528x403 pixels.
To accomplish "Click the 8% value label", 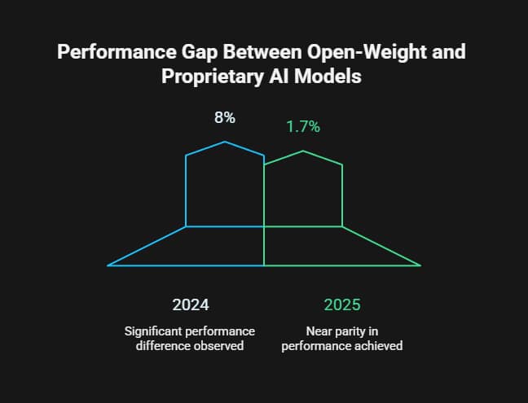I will tap(225, 117).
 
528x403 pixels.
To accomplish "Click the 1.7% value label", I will tap(303, 126).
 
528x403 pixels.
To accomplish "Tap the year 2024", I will tap(191, 305).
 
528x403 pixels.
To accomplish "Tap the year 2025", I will tap(342, 305).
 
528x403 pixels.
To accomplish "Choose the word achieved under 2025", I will tap(379, 346).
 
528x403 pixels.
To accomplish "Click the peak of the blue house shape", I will tap(226, 142).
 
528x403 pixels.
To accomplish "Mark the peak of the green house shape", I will tap(303, 151).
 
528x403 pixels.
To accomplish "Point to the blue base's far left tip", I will tap(108, 265).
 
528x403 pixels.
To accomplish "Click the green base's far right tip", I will tap(420, 265).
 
